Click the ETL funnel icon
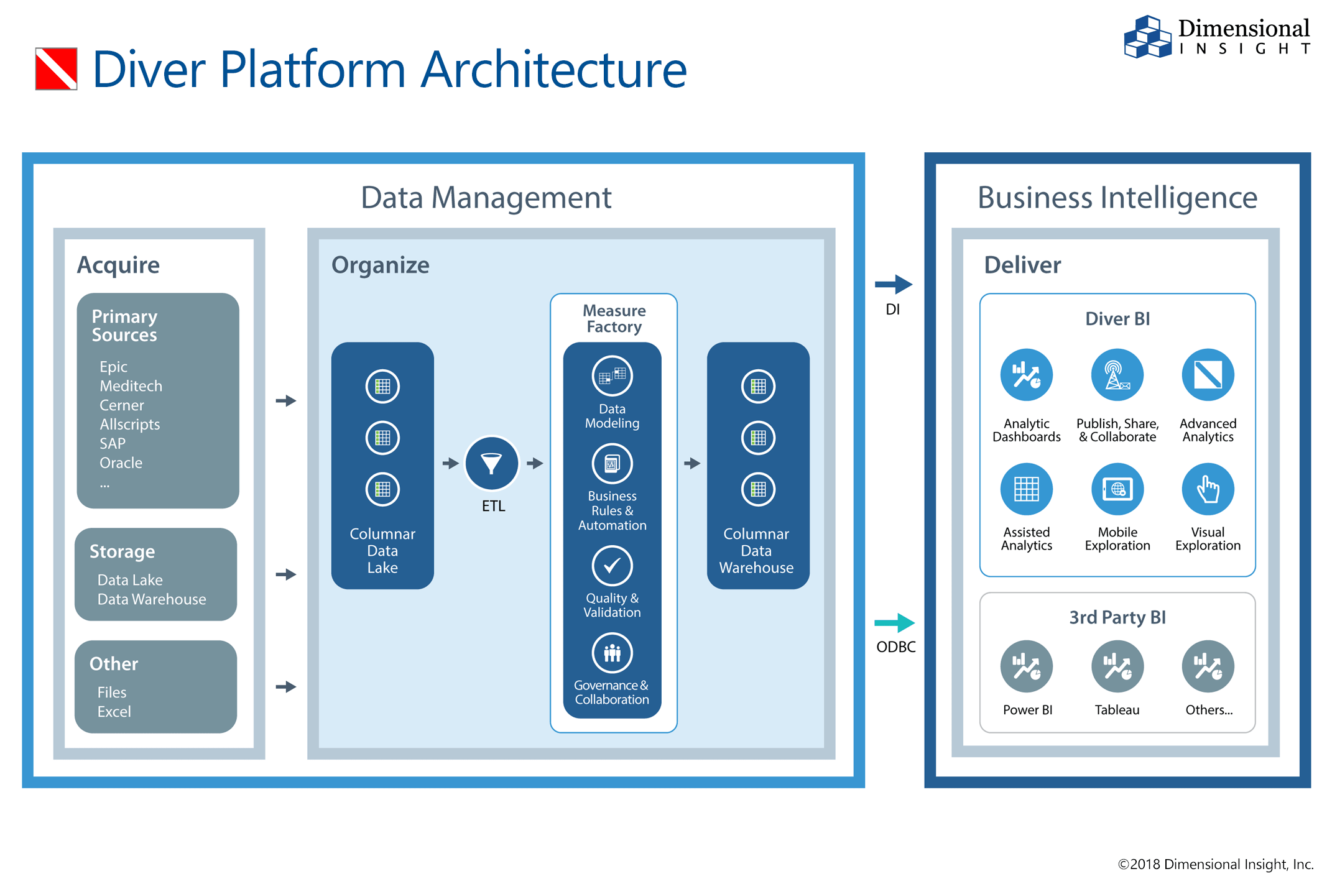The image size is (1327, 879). (491, 463)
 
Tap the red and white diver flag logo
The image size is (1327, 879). (56, 69)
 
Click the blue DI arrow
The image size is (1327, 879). (894, 285)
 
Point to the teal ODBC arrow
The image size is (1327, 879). (894, 622)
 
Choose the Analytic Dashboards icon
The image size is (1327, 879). (1026, 375)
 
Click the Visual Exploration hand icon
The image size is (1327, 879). (1208, 489)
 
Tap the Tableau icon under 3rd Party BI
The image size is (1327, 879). (1117, 666)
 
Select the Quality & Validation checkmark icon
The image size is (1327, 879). (612, 566)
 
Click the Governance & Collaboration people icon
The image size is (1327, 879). (612, 653)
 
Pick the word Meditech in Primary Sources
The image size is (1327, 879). (131, 386)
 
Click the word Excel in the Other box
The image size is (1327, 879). (114, 712)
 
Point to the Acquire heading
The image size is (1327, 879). (118, 265)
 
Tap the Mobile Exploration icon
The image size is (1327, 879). (1117, 489)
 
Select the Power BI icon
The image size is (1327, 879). (1026, 666)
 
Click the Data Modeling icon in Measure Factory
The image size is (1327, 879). (612, 375)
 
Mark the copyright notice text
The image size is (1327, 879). (1215, 864)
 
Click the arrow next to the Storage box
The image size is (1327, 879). (285, 574)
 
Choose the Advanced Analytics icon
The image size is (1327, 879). (1208, 375)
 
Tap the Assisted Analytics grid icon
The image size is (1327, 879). (1026, 489)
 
